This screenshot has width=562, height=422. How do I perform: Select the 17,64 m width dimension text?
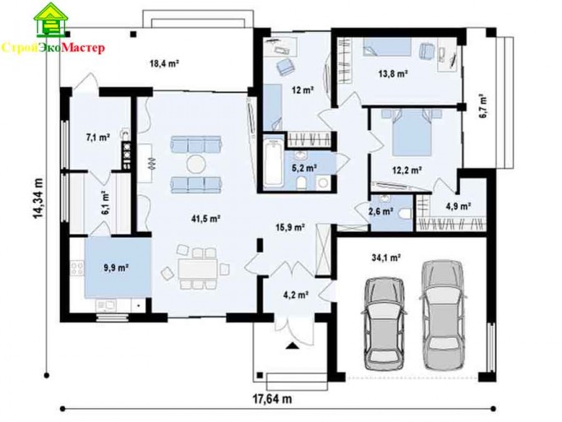click(x=273, y=398)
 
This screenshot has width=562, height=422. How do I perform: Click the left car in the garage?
click(x=385, y=322)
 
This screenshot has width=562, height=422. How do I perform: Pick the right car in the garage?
click(x=443, y=315)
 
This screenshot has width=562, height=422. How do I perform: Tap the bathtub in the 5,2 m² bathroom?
click(x=274, y=163)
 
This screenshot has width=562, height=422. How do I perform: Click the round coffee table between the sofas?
click(x=196, y=164)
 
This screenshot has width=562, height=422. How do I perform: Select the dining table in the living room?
click(x=197, y=269)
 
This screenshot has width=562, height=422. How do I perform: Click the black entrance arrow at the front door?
click(x=293, y=345)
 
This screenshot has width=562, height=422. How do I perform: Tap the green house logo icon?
click(x=52, y=21)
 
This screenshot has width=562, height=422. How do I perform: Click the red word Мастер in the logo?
click(x=83, y=48)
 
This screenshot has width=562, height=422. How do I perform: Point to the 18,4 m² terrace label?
click(x=164, y=64)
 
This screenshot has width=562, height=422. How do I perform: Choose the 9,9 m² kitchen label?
click(x=117, y=267)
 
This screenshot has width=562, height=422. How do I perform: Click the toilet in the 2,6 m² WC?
click(x=404, y=213)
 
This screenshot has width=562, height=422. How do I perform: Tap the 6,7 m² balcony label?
click(x=482, y=106)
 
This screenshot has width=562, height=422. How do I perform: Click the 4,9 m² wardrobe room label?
click(x=458, y=206)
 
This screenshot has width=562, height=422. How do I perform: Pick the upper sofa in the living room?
click(x=196, y=144)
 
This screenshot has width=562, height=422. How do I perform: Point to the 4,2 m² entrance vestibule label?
click(x=296, y=295)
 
